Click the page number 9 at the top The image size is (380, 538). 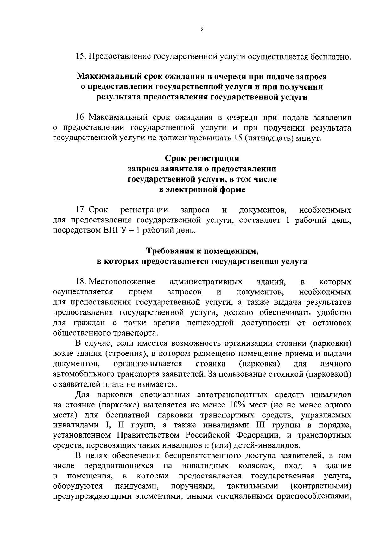point(202,29)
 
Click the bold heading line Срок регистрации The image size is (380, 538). point(202,158)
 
